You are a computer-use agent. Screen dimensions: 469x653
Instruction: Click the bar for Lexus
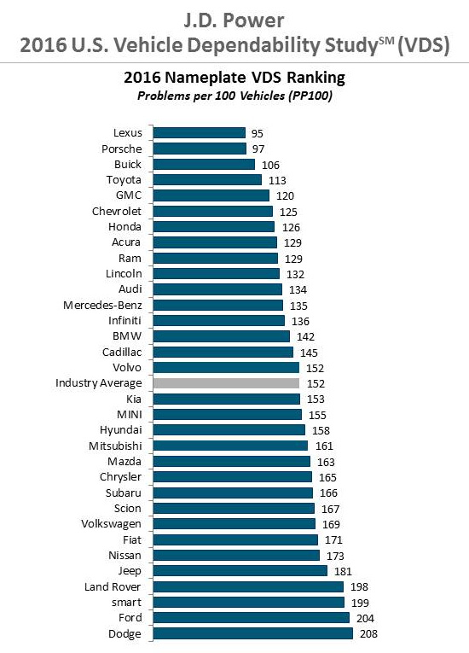click(200, 133)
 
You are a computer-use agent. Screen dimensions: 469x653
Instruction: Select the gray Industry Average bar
click(226, 383)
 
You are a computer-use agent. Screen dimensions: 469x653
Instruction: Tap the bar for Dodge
click(253, 633)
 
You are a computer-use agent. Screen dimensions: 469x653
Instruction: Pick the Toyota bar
click(207, 180)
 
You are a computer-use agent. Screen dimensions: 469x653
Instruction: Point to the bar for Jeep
click(240, 570)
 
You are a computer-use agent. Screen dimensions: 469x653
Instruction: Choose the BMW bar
click(222, 336)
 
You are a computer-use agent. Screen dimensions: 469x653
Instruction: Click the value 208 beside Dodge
click(368, 634)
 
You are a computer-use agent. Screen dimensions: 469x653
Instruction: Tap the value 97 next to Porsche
click(258, 149)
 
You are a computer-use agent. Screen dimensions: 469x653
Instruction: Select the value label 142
click(305, 336)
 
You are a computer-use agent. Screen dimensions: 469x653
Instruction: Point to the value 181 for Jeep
click(343, 571)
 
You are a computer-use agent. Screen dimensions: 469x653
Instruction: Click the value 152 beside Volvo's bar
click(315, 368)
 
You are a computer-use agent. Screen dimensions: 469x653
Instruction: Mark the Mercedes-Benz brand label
click(102, 306)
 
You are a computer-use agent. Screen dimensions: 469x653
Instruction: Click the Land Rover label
click(113, 586)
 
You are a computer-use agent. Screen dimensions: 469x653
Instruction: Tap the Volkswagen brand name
click(111, 524)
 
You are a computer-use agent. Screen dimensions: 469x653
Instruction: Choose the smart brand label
click(126, 602)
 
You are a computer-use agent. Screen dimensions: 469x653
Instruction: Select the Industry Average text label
click(99, 383)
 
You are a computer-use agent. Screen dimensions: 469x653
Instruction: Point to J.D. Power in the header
click(234, 20)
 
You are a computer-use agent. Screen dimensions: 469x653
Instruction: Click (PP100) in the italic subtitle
click(309, 96)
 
